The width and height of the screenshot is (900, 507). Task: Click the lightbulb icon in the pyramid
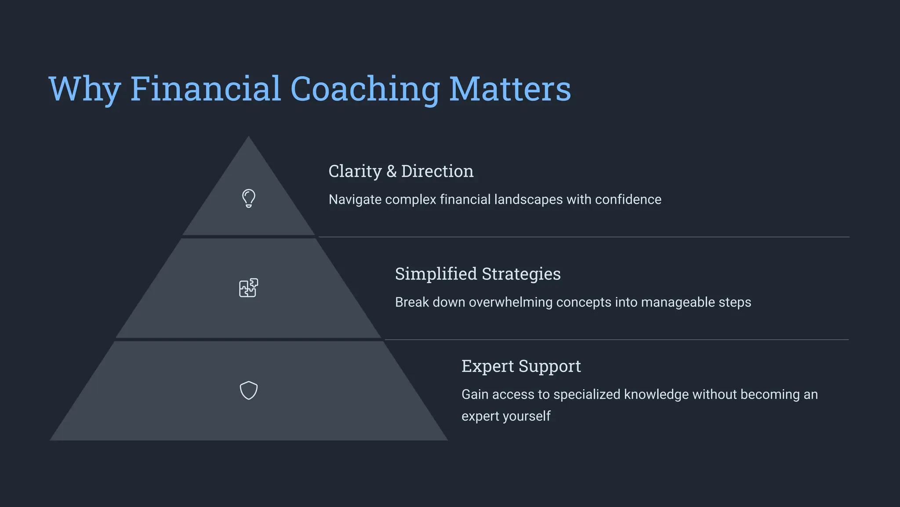point(249,198)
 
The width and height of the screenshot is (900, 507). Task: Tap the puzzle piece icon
point(248,288)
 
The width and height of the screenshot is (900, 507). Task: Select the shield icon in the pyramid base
point(248,390)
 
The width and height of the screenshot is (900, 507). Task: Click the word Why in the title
point(85,89)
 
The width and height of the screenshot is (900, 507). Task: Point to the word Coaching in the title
point(365,89)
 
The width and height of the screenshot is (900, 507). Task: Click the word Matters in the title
point(510,89)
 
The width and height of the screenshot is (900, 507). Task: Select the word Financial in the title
point(205,89)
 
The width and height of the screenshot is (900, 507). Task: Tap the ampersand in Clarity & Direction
point(392,171)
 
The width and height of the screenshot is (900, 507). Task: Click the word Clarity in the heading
point(355,171)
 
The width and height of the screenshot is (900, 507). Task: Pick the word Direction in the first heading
point(437,171)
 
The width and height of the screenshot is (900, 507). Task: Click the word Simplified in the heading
point(436,274)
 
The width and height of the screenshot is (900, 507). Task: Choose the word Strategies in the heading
point(521,274)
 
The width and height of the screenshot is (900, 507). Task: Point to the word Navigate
point(355,199)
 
